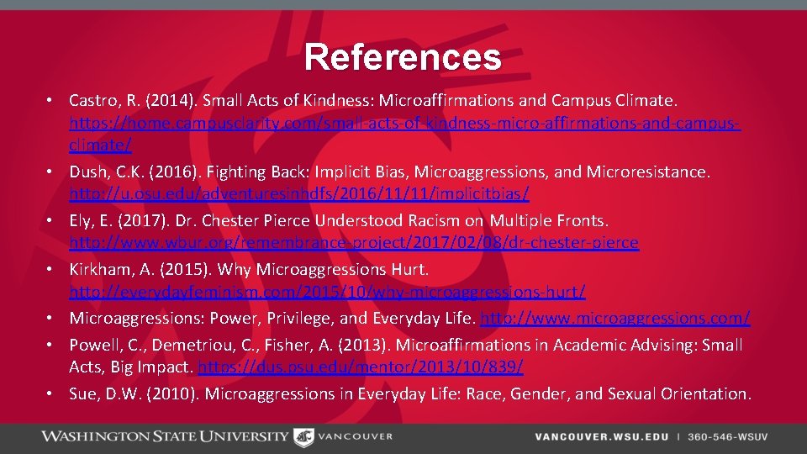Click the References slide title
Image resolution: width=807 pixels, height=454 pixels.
coord(403,57)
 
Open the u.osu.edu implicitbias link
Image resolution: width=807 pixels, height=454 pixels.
coord(299,194)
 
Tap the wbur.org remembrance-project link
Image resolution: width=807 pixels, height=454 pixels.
coord(354,243)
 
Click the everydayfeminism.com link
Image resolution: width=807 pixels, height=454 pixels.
coord(327,292)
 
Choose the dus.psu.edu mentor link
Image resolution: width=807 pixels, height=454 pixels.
coord(361,367)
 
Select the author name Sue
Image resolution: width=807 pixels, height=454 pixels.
coord(82,393)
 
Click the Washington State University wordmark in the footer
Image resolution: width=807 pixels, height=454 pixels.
coord(165,436)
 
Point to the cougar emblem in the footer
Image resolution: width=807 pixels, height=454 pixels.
coord(303,436)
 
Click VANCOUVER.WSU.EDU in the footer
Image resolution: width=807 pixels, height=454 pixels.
coord(602,437)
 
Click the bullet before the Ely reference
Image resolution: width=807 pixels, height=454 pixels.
coord(51,220)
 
